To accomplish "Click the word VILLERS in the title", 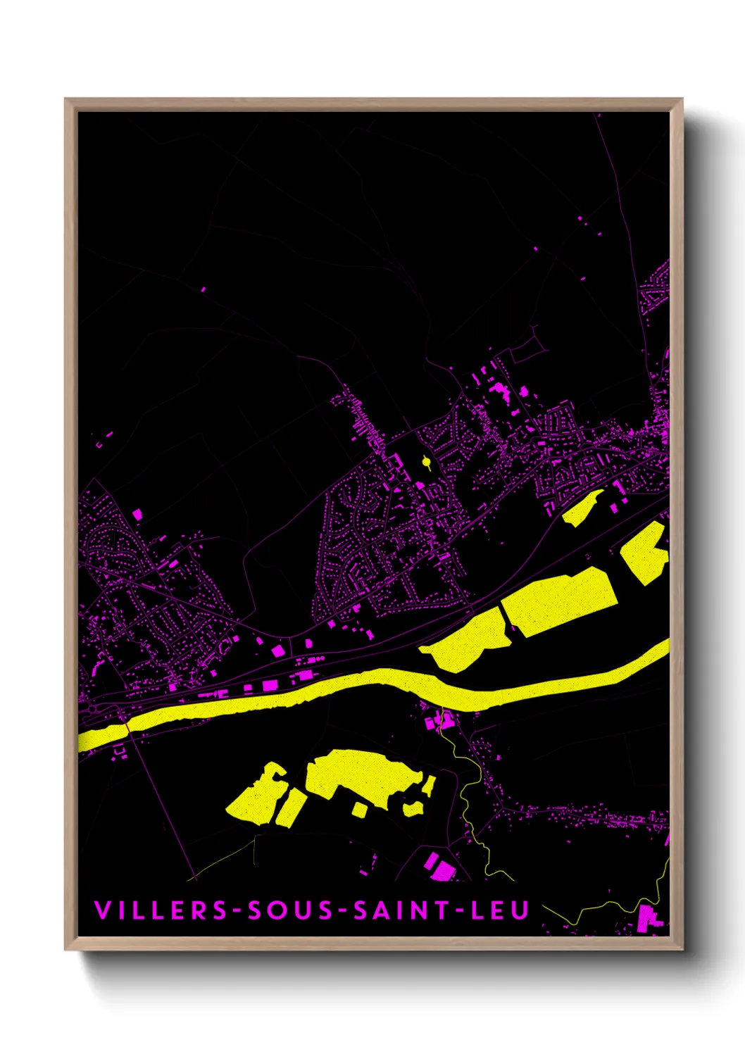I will coord(160,910).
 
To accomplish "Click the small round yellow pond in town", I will coord(426,462).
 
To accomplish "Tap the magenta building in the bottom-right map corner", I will coord(647,917).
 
